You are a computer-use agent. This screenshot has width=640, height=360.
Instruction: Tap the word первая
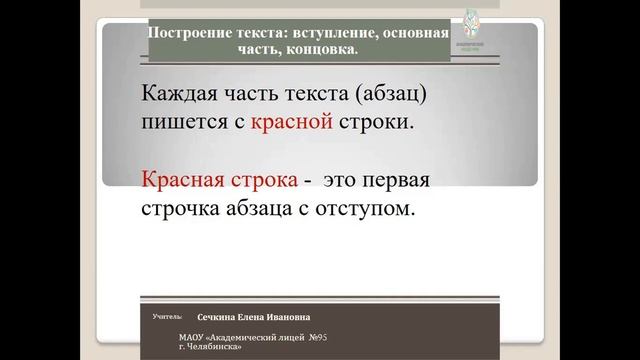[411, 183]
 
